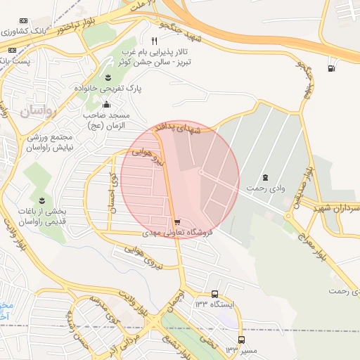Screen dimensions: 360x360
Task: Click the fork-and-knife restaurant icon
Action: click(154, 41)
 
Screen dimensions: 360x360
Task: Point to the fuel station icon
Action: click(330, 68)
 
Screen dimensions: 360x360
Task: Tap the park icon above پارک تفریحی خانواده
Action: click(108, 77)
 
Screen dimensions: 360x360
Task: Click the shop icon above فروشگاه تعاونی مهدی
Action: click(176, 219)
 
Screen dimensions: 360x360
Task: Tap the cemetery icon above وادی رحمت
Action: click(265, 177)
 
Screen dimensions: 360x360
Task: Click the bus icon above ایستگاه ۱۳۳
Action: click(214, 294)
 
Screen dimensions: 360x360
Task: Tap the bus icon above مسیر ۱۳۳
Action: click(241, 340)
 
